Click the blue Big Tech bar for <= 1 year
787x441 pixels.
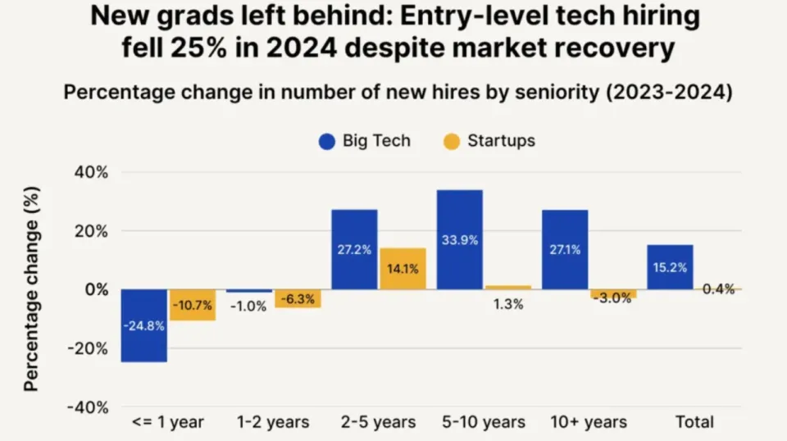144,325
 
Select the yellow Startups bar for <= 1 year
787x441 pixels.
193,305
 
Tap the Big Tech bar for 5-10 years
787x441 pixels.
460,240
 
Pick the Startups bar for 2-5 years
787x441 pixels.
403,268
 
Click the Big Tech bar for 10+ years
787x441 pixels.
565,250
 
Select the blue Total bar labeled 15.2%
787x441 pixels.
670,267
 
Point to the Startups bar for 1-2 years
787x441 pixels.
298,298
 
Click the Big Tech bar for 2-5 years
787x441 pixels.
354,249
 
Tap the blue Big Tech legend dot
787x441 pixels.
327,142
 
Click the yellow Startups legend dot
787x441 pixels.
452,142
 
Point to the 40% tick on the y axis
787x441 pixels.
91,173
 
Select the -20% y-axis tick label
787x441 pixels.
88,348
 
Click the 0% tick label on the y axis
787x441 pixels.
97,289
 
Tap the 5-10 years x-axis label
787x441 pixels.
484,422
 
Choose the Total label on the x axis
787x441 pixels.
694,422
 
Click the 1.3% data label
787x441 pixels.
508,304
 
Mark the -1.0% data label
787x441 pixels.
248,306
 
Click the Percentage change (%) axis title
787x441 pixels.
31,289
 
